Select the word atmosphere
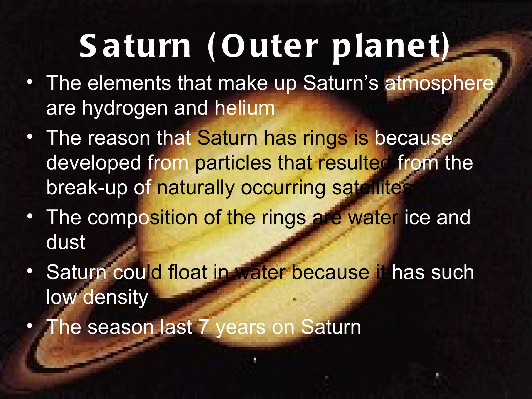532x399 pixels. coord(439,84)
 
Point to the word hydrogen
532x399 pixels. coord(125,109)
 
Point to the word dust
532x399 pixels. coord(65,242)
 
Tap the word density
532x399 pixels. coord(115,297)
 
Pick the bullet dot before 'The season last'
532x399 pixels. coord(30,325)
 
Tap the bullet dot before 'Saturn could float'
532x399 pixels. coord(30,271)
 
